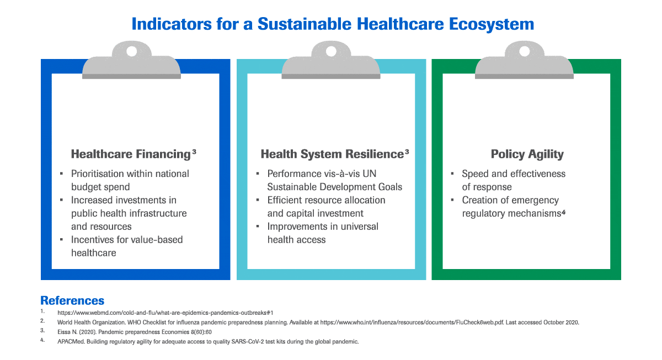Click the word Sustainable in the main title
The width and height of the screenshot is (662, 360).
click(x=305, y=24)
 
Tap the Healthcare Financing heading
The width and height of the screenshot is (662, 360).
click(x=131, y=154)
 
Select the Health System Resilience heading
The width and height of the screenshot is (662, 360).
click(x=332, y=154)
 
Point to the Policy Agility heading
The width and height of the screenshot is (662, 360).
click(x=527, y=154)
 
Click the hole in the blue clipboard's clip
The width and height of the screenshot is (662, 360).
click(x=131, y=51)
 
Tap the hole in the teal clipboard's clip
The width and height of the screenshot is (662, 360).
click(x=331, y=51)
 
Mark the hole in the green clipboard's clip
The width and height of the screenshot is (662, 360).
click(x=525, y=51)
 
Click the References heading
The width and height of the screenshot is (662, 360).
click(x=72, y=300)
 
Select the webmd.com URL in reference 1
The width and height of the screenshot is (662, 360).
click(x=165, y=313)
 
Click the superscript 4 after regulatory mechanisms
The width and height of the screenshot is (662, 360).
click(x=564, y=212)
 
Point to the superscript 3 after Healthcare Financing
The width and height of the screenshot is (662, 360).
click(x=194, y=152)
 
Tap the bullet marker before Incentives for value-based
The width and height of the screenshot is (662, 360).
click(x=61, y=239)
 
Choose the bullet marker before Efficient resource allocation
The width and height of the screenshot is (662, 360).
click(x=258, y=200)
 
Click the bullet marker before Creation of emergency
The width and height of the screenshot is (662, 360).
click(x=452, y=200)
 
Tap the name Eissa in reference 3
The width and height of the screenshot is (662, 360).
click(x=63, y=332)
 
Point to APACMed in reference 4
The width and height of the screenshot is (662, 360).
click(x=71, y=342)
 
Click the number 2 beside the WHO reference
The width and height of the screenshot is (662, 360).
click(x=42, y=321)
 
